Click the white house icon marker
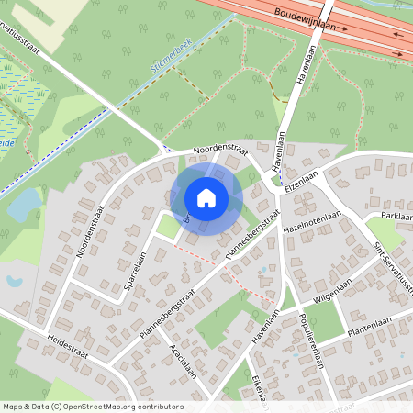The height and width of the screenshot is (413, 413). click(x=206, y=197)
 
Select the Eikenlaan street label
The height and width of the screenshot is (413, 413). click(x=261, y=385)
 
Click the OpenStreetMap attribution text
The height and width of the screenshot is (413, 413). click(x=92, y=407)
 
